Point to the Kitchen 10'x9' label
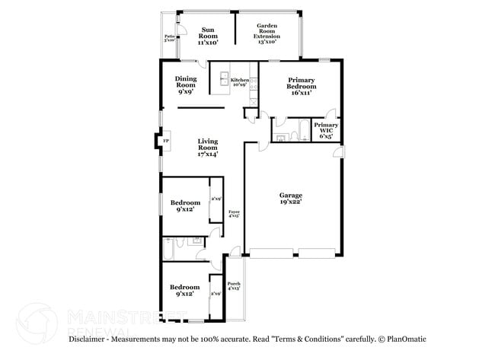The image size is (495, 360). pos(239,81)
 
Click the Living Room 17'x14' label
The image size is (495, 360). pos(208,148)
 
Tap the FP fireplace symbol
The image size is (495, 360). pos(165,140)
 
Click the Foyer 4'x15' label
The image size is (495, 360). pos(235,213)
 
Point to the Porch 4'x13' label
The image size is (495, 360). pos(234,286)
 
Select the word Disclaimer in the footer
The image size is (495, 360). pos(91,339)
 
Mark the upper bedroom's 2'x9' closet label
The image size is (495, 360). pos(216,199)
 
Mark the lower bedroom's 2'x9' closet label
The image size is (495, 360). pos(216,293)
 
